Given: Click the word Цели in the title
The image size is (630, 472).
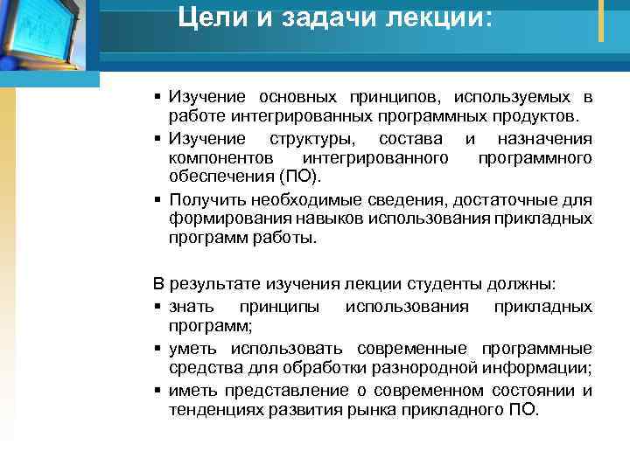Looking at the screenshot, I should pyautogui.click(x=206, y=17).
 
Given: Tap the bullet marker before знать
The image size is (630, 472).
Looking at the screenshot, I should pyautogui.click(x=155, y=307).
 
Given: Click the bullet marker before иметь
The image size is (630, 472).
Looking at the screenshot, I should pyautogui.click(x=155, y=389).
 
